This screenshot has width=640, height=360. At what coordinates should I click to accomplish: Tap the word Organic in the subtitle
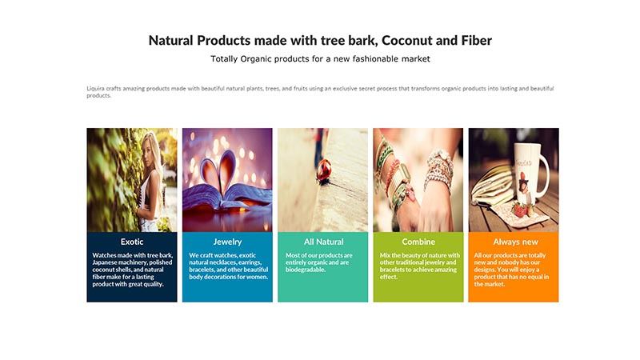point(256,59)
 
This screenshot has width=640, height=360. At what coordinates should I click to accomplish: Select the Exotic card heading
point(132,242)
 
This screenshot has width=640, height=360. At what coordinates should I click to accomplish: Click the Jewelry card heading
point(227,242)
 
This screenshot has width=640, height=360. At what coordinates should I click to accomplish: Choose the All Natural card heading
point(324,242)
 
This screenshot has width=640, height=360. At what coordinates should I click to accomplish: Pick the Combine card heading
point(418,242)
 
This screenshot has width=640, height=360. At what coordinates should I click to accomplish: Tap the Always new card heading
point(515,242)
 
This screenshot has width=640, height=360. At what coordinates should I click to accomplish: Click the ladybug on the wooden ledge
point(324,171)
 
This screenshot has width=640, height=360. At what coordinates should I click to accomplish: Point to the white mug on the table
point(530,171)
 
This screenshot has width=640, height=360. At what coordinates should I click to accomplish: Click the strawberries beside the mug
point(522,209)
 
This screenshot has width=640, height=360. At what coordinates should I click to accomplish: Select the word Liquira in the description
point(95,89)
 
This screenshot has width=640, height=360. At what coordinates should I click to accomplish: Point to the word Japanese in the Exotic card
point(105,262)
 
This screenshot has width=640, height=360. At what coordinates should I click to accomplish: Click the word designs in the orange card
point(486,270)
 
